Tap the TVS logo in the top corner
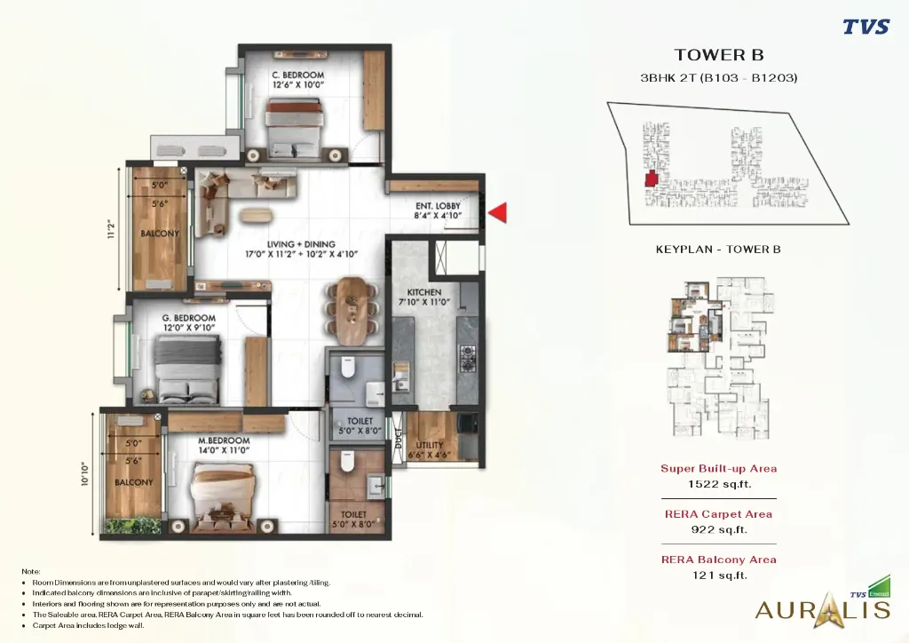pos(865,27)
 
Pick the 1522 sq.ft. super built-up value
pos(718,484)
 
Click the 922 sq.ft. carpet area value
pos(718,529)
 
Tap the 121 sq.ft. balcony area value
pos(718,576)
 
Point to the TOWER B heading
pos(719,55)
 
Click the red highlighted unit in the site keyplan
pos(652,179)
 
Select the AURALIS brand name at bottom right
pos(821,610)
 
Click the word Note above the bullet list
pos(31,571)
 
